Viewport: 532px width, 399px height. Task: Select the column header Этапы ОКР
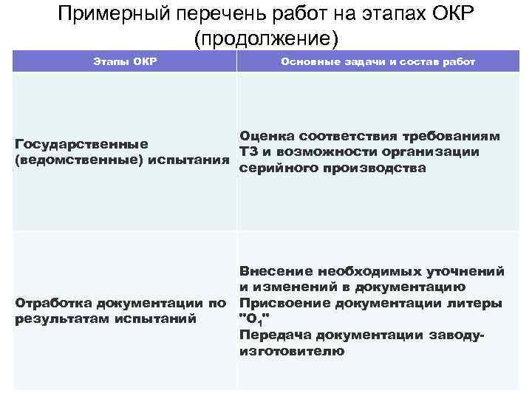tap(124, 61)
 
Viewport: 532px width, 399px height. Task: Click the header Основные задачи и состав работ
tap(378, 61)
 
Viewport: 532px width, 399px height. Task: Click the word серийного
tap(274, 168)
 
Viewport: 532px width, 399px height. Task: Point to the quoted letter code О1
tap(255, 319)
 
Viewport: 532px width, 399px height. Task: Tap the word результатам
tap(61, 319)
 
